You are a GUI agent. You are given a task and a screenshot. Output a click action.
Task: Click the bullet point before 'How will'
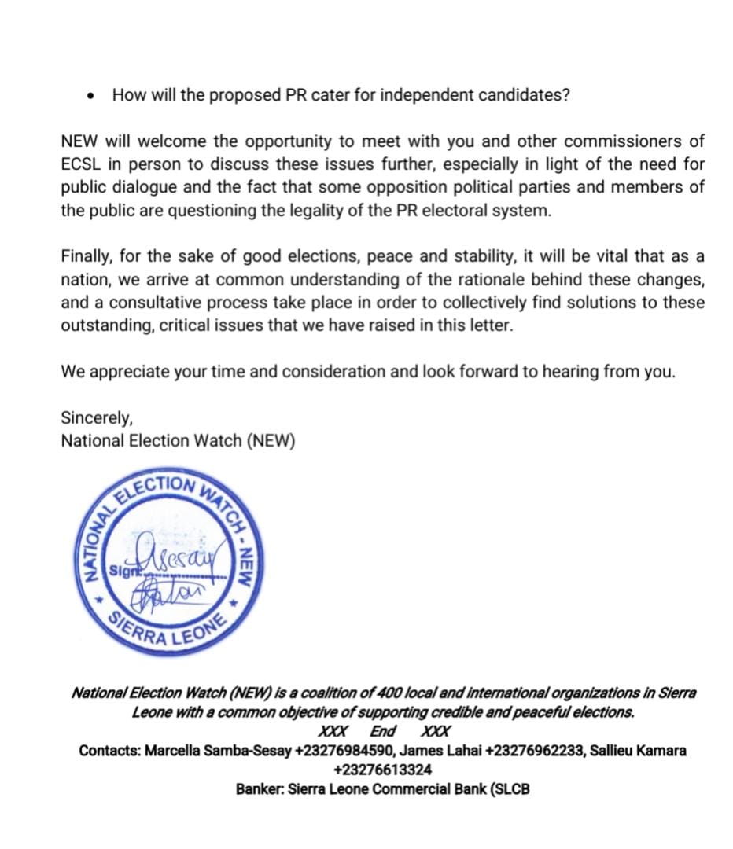[x=94, y=97]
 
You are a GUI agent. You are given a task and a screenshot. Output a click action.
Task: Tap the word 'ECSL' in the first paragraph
[x=79, y=165]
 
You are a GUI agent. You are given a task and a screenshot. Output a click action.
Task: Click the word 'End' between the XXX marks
[x=382, y=731]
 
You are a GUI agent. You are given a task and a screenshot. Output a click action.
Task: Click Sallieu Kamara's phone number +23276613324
[x=382, y=770]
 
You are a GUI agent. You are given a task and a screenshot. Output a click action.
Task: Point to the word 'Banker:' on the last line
[x=260, y=788]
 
